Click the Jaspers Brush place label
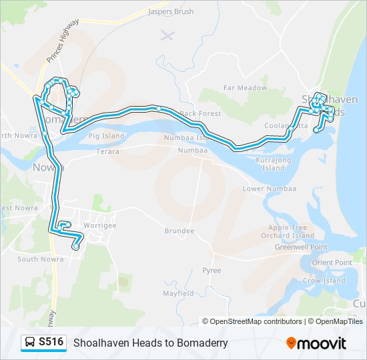coord(171,12)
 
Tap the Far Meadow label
coord(245,88)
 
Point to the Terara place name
coord(107,152)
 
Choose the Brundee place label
coord(179,231)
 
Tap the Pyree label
coord(212,271)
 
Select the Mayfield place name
coord(178,293)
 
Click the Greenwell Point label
coord(301,247)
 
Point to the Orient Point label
coord(332,263)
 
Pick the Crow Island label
coord(324,281)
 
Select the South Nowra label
coord(36,259)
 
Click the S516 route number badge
coord(51,343)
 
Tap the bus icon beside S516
coord(30,343)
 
